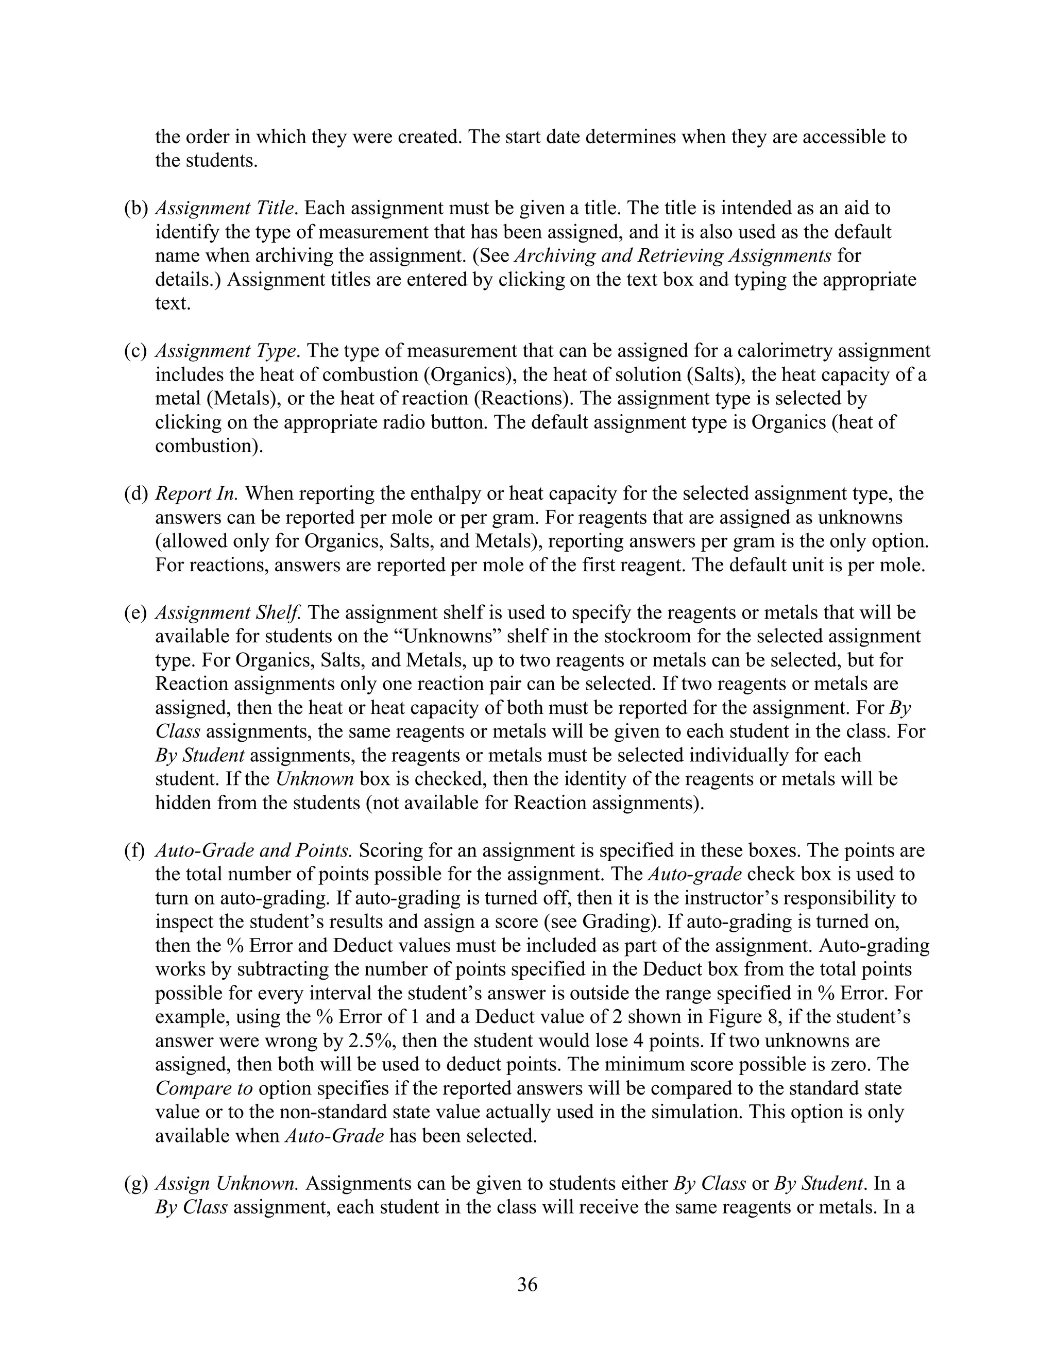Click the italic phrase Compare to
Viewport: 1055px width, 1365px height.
pyautogui.click(x=204, y=1088)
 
